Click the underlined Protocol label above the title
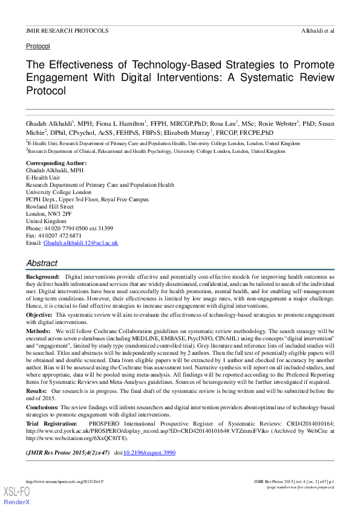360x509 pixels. (38, 46)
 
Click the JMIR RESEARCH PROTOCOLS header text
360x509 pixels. (67, 30)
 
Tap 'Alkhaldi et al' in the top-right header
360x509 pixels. (317, 30)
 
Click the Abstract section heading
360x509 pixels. (42, 263)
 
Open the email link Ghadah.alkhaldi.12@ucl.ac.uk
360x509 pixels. (80, 242)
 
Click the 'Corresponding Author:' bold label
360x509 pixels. (56, 163)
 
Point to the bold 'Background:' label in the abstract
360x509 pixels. (42, 276)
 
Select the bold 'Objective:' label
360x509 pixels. (39, 316)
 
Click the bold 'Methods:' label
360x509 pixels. (38, 332)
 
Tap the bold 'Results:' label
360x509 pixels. (38, 391)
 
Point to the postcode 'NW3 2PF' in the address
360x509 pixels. (59, 214)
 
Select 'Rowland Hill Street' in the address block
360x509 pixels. (50, 206)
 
